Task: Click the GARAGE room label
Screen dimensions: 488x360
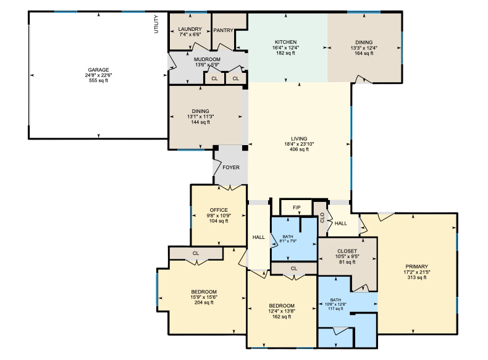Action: coord(98,70)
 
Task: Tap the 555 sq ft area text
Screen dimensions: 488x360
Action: coord(98,81)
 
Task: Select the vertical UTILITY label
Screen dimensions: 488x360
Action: coord(156,24)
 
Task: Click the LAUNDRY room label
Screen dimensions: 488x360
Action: coord(190,29)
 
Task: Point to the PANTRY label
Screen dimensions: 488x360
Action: coord(223,30)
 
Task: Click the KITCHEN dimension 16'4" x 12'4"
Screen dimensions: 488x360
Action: coord(286,48)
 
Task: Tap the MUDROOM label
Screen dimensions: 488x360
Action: coord(208,59)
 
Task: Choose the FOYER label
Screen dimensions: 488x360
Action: coord(231,167)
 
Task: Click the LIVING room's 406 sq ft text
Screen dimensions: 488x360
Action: coord(299,149)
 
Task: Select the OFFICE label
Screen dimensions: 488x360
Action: coord(219,210)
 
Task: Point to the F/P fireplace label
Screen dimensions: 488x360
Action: coord(297,207)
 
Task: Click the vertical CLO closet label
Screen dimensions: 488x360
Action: coord(322,217)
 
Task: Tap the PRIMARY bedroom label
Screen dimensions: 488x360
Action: coord(417,267)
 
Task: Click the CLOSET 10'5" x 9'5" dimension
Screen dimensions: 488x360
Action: coord(347,257)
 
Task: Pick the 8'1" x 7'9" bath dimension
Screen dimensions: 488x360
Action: coord(288,241)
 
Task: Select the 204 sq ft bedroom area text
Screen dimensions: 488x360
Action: coord(204,303)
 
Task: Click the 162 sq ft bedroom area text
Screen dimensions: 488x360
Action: coord(282,317)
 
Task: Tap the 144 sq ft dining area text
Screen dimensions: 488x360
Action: coord(200,122)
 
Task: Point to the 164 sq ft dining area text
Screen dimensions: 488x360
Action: coord(364,53)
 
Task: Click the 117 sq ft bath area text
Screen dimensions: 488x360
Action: coord(335,309)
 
